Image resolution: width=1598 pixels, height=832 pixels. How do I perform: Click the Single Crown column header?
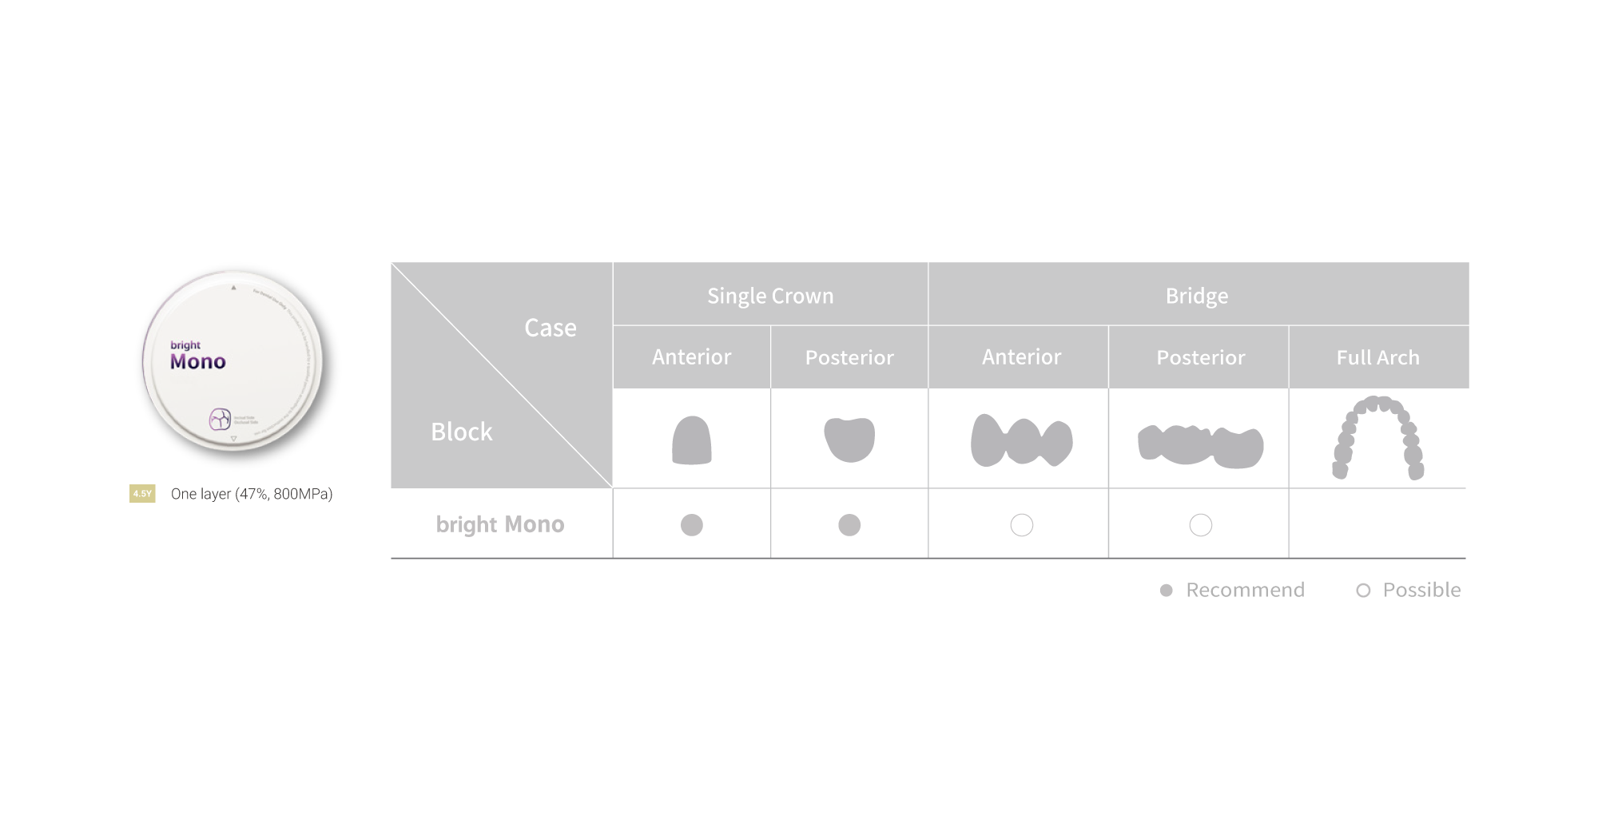[x=770, y=296]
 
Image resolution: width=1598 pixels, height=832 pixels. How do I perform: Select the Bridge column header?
[x=1197, y=296]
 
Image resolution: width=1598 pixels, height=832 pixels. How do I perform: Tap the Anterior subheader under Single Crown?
[x=691, y=356]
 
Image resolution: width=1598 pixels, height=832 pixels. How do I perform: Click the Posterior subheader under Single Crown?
[x=849, y=357]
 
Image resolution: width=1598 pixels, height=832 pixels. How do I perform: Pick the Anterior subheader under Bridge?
[x=1021, y=356]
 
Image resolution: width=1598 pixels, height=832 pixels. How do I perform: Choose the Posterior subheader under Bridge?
[x=1200, y=357]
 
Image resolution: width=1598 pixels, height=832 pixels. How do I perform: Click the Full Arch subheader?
[x=1377, y=357]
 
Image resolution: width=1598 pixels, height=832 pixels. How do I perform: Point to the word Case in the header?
[x=551, y=328]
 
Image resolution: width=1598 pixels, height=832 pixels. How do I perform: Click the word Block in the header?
[x=462, y=432]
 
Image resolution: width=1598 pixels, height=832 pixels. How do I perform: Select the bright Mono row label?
[x=500, y=524]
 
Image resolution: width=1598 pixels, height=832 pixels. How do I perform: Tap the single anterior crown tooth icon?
[x=691, y=440]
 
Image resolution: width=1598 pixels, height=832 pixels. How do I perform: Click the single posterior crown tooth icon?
[x=849, y=439]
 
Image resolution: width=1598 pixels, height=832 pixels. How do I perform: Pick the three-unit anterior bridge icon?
[x=1021, y=440]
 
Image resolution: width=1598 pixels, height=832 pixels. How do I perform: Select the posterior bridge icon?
[x=1200, y=446]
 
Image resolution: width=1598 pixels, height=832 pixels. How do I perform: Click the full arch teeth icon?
[x=1377, y=438]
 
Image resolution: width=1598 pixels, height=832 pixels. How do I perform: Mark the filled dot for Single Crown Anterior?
[x=691, y=525]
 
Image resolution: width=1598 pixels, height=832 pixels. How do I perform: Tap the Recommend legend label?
[x=1244, y=590]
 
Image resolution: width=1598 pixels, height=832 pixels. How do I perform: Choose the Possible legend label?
[x=1421, y=590]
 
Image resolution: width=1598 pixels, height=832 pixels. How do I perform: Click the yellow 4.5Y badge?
[x=142, y=494]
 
